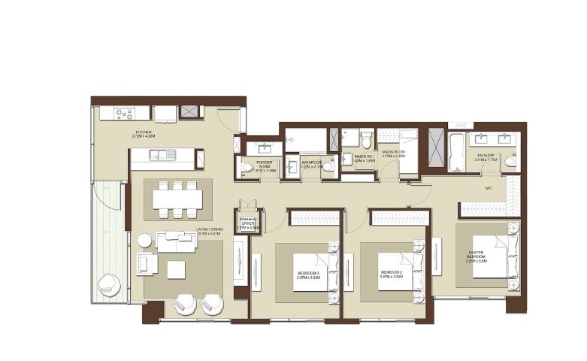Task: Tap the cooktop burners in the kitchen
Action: [x=124, y=114]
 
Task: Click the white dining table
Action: [x=177, y=199]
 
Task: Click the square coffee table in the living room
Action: [x=177, y=268]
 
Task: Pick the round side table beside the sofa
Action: [x=144, y=240]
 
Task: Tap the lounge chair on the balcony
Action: [x=108, y=284]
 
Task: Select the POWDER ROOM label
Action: [x=265, y=165]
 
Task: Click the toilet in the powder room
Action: [x=247, y=168]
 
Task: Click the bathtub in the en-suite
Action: [x=456, y=150]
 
